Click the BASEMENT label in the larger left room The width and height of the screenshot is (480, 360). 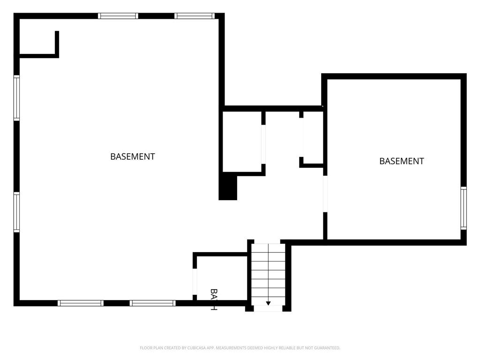pyautogui.click(x=133, y=157)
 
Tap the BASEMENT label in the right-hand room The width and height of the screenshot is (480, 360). pyautogui.click(x=401, y=161)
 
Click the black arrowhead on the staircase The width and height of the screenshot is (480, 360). pyautogui.click(x=268, y=303)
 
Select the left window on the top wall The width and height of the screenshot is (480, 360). pyautogui.click(x=118, y=16)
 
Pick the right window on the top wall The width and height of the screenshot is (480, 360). pyautogui.click(x=195, y=16)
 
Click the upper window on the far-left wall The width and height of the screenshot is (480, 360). pyautogui.click(x=16, y=98)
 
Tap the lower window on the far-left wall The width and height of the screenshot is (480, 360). pyautogui.click(x=16, y=212)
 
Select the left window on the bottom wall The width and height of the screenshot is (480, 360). pyautogui.click(x=80, y=303)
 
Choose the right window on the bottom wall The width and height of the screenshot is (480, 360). pyautogui.click(x=153, y=303)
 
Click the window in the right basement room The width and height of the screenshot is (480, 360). pyautogui.click(x=464, y=208)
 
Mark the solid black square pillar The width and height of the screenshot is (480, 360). pyautogui.click(x=228, y=187)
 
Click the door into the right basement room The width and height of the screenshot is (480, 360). pyautogui.click(x=325, y=194)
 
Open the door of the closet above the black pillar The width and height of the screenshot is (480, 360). pyautogui.click(x=263, y=144)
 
